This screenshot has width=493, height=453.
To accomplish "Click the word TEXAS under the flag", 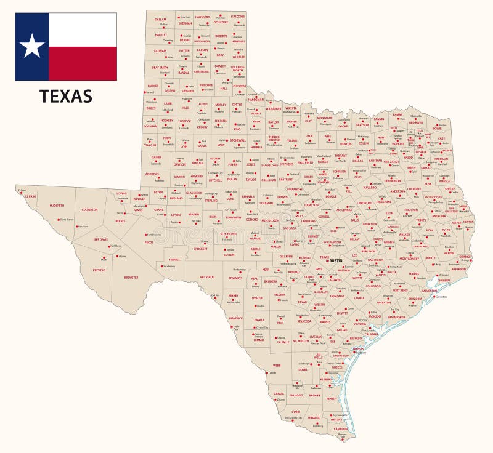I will tap(66, 96).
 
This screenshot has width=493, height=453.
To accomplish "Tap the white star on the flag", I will tap(32, 46).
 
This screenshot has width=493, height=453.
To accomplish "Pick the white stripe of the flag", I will tap(83, 30).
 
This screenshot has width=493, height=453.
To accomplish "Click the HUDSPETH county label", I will tap(57, 206).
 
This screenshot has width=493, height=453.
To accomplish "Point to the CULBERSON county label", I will tap(89, 210).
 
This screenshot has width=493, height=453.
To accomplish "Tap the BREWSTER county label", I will tap(131, 277).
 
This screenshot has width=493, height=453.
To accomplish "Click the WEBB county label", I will tap(277, 365).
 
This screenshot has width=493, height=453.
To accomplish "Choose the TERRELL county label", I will tap(174, 259).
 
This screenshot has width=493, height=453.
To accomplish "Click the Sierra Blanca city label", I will tap(67, 220).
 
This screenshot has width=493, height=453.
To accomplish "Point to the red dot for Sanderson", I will tap(162, 267).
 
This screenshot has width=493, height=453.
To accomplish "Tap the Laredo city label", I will tap(272, 373).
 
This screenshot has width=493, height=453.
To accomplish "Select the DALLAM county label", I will tap(160, 19).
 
